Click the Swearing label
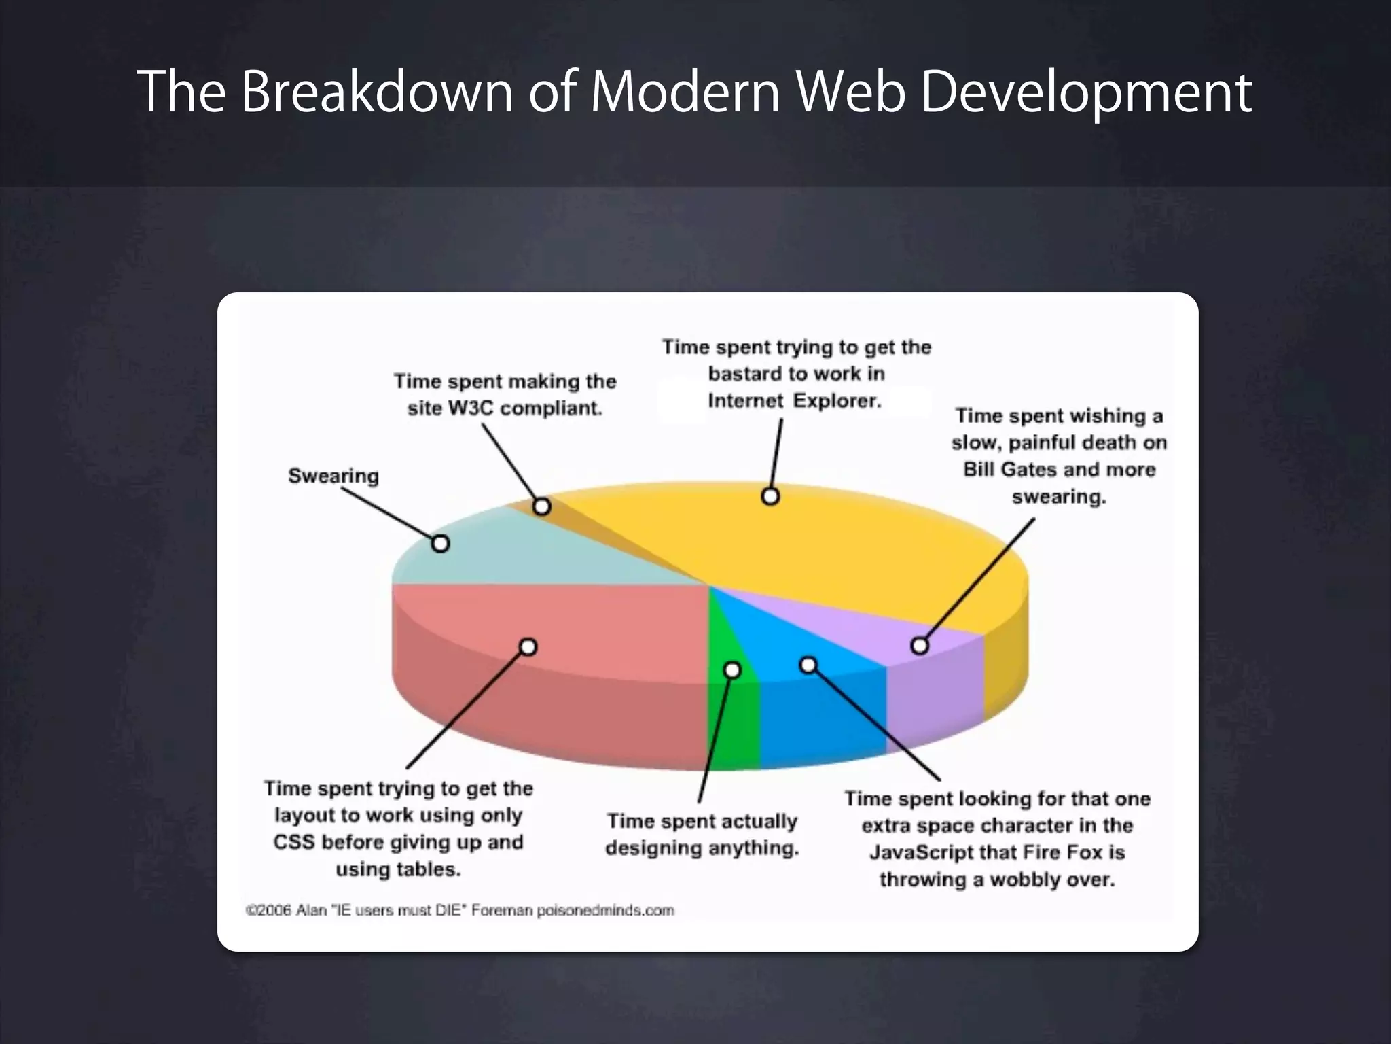tap(333, 476)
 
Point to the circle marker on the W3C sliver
tap(541, 506)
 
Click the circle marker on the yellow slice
tap(770, 496)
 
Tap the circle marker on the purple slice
tap(919, 645)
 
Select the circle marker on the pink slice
tap(528, 646)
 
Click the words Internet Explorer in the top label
tap(794, 401)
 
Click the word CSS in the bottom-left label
tap(293, 842)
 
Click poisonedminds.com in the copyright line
tap(605, 910)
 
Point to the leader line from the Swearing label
tap(387, 514)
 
